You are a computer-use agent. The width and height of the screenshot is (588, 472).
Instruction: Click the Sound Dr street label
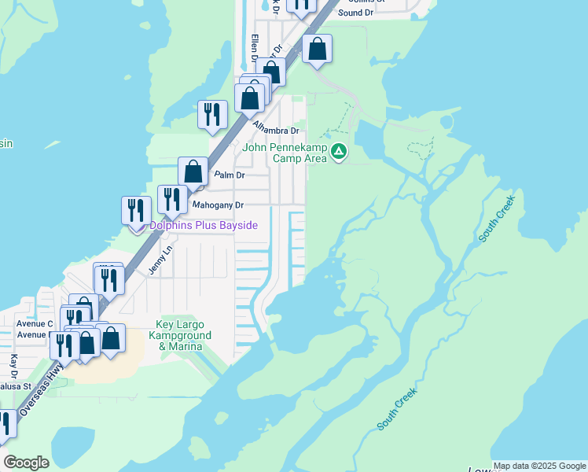tap(355, 13)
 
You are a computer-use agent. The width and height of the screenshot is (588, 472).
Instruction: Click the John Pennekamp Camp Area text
tap(284, 153)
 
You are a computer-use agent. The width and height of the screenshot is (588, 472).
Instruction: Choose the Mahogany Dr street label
tap(219, 205)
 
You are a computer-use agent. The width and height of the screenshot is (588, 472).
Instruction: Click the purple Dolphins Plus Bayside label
tap(204, 226)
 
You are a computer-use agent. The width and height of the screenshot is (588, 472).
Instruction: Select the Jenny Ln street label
tap(160, 260)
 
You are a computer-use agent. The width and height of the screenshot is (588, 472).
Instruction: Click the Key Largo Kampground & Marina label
tap(179, 335)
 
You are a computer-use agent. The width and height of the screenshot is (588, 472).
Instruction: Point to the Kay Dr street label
tap(13, 368)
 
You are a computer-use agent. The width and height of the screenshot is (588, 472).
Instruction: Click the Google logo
tap(26, 462)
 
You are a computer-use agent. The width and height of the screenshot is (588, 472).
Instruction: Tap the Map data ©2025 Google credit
tap(539, 466)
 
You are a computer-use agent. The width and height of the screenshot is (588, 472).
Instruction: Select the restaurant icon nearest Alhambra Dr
tap(211, 115)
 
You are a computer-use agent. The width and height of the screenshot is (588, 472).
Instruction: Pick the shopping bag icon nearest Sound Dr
tap(317, 49)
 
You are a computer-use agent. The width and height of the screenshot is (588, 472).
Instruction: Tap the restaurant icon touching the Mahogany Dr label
tap(171, 199)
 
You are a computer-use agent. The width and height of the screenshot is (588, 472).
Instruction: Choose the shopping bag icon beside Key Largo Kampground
tap(112, 339)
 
